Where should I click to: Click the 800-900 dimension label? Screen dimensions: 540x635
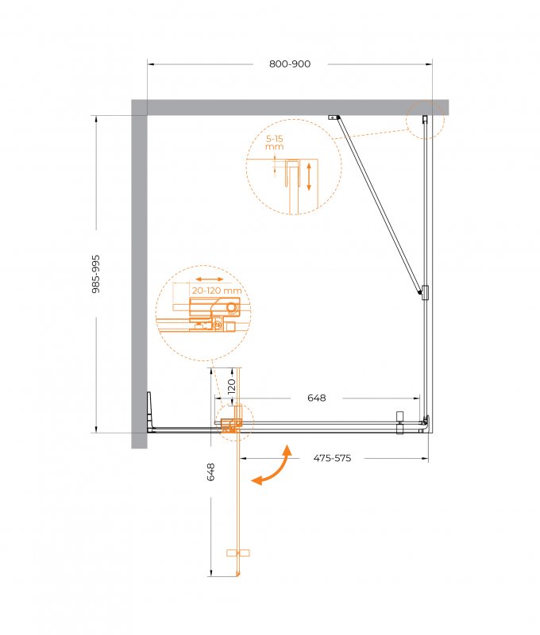(x=290, y=63)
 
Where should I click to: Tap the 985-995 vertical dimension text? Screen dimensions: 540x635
(x=96, y=274)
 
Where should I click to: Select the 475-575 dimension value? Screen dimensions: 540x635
(x=332, y=458)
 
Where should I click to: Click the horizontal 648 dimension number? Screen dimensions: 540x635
(x=316, y=398)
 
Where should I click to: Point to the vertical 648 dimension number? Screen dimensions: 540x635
(x=210, y=472)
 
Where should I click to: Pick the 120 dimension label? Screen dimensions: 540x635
(x=232, y=387)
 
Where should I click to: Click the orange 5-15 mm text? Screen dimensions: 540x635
(x=274, y=143)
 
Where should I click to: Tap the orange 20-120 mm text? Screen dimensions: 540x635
(x=217, y=291)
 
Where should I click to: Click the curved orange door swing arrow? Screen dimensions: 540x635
(x=272, y=466)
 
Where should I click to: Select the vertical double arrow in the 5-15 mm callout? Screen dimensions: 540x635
(x=309, y=176)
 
